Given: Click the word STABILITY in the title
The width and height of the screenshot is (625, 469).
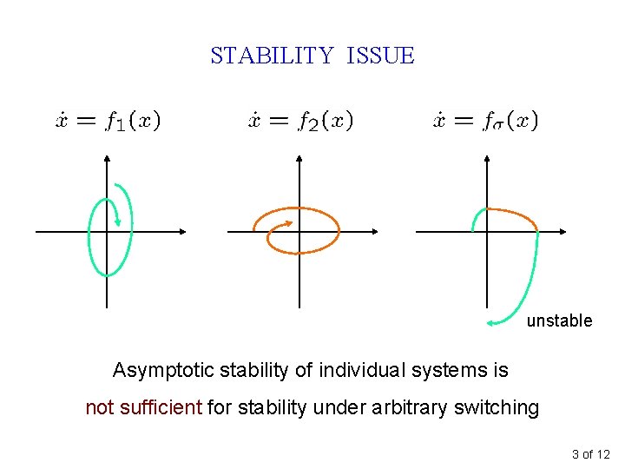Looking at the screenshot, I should coord(272,56).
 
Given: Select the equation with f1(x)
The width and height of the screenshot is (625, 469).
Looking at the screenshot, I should coord(109,121).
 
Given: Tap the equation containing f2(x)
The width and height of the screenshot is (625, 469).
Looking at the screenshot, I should coord(300,121).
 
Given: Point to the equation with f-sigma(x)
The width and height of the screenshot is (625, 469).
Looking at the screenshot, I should coord(486,121).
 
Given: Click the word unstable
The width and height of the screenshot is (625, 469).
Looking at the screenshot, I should coord(559,320).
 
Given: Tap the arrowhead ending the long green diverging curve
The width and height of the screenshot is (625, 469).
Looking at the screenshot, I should coord(490,322).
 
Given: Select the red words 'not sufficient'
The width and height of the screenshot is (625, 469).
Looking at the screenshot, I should coord(144,406).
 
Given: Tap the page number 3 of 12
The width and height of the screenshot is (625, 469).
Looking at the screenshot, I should coord(591,454).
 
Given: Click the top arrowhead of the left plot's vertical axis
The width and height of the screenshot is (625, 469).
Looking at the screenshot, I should coord(107,159).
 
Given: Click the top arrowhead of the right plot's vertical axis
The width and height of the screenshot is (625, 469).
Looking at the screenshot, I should coord(487,159).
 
